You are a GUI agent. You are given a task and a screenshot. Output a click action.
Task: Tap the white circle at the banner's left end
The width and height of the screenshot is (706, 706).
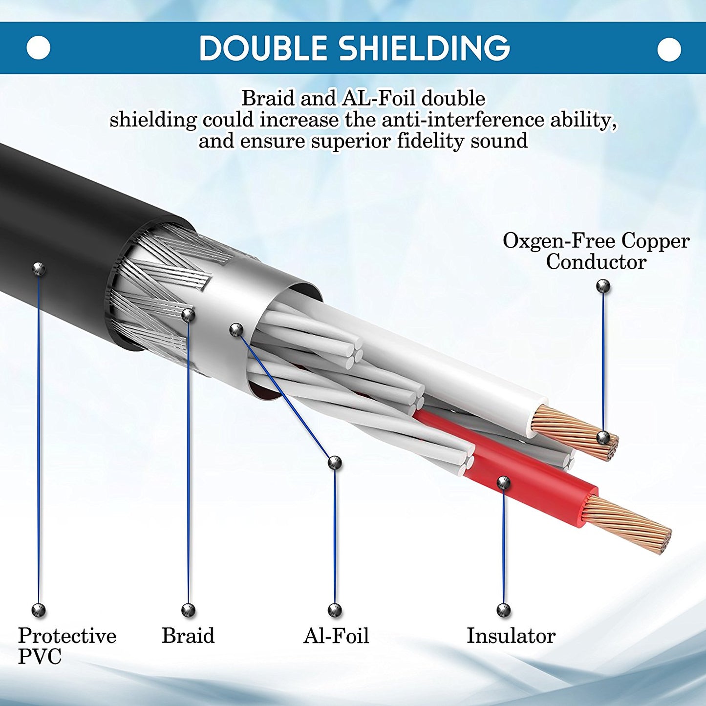[x=38, y=48]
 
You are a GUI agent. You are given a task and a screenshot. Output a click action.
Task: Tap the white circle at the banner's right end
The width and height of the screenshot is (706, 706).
[x=669, y=49]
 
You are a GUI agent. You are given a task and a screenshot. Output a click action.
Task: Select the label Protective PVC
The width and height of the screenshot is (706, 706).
[x=66, y=645]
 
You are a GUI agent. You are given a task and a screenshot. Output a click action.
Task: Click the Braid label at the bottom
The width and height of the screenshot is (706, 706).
[x=188, y=636]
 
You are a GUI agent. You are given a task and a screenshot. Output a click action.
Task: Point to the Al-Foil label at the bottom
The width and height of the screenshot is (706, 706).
[x=336, y=636]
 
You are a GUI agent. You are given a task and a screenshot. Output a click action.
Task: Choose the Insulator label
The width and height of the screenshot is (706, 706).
[x=511, y=636]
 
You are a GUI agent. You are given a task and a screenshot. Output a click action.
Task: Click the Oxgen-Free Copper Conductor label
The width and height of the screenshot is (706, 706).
[x=596, y=251]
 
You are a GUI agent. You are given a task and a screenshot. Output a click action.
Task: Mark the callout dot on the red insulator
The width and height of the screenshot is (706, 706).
[x=503, y=483]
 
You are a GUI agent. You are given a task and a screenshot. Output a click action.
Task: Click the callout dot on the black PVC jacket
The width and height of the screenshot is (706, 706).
[x=39, y=268]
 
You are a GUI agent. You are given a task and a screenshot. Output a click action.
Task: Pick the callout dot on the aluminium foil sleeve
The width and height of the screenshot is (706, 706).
[x=236, y=330]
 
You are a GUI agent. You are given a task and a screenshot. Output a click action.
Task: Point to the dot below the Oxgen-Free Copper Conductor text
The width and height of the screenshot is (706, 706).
[x=603, y=286]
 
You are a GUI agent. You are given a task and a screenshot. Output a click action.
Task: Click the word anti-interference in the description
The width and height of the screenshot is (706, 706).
[x=463, y=120]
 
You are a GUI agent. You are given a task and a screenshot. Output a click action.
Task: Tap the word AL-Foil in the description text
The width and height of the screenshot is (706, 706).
[x=379, y=99]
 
